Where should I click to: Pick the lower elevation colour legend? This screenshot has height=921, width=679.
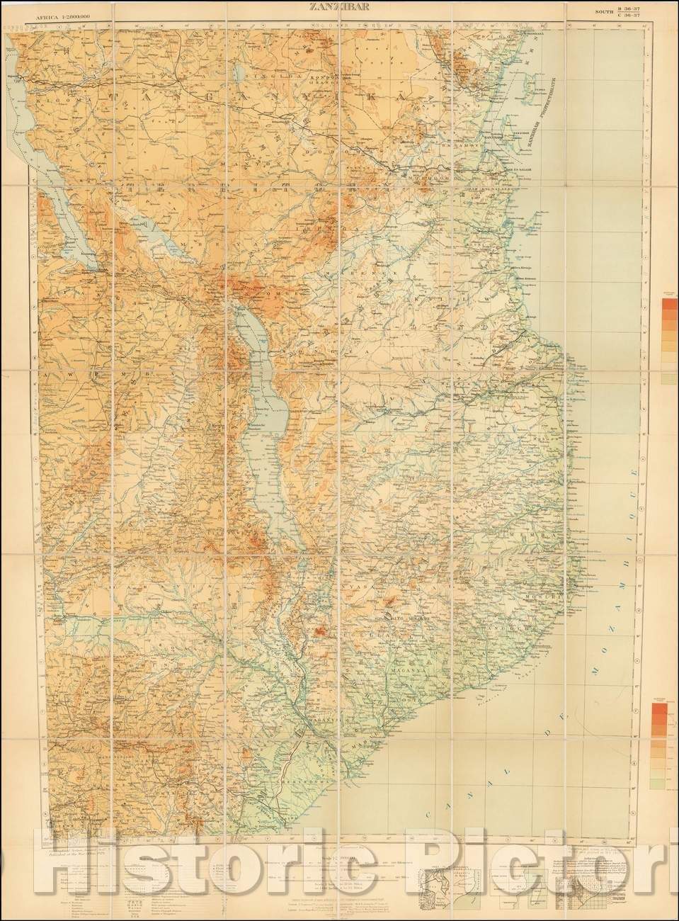pos(668,744)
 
